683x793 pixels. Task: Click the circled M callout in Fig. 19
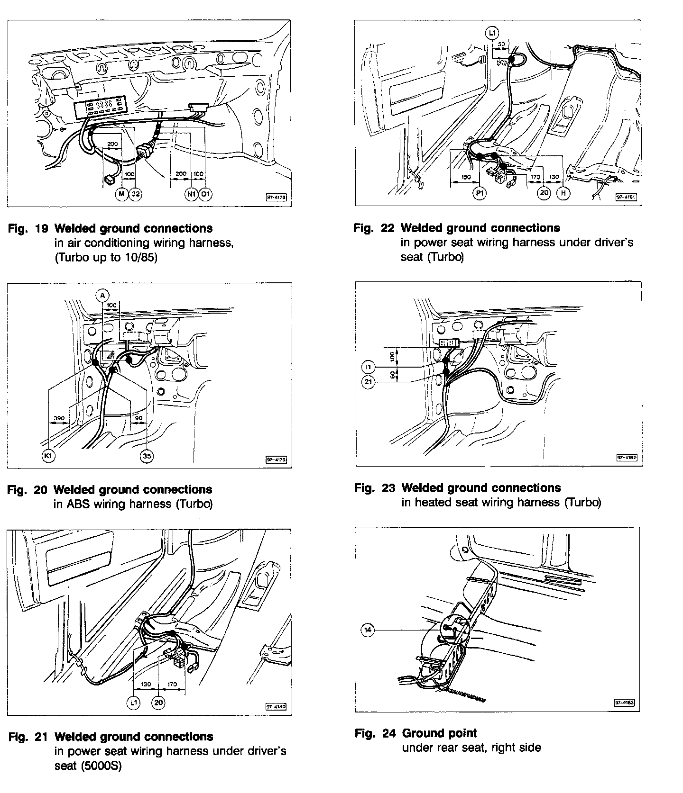tap(122, 194)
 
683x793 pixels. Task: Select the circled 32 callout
tap(136, 194)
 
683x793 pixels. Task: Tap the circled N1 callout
tap(191, 194)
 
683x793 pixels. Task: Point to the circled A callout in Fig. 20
tap(102, 296)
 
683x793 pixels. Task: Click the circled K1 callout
tap(48, 456)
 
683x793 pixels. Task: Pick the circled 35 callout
tap(147, 456)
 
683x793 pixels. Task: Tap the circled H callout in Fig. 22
tap(563, 193)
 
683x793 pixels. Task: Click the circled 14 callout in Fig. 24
tap(368, 630)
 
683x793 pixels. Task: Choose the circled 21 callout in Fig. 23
tap(369, 382)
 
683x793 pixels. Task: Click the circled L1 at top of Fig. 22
tap(492, 33)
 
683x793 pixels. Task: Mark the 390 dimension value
tap(59, 418)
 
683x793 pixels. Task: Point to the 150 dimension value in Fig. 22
tap(466, 177)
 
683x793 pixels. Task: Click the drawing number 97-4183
tap(624, 703)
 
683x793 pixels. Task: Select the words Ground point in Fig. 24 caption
tap(439, 733)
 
